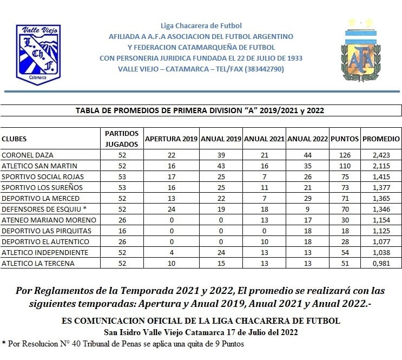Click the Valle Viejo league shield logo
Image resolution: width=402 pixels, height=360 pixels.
click(38, 54)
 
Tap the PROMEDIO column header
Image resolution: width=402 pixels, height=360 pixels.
click(381, 139)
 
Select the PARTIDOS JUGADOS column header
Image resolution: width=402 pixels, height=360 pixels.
click(122, 139)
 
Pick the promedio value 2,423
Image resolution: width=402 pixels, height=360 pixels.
click(381, 155)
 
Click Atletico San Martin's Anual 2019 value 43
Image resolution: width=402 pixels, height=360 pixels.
click(221, 166)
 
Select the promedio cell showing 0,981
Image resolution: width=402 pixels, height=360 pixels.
click(381, 264)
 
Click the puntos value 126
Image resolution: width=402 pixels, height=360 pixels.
click(345, 155)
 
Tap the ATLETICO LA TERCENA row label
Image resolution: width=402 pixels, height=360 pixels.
click(38, 264)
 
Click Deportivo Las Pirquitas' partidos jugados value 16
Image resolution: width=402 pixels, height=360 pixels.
click(122, 231)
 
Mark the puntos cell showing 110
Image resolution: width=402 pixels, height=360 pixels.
click(345, 166)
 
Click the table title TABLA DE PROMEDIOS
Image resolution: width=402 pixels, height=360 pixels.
click(201, 110)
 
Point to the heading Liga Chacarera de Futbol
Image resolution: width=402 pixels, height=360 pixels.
click(201, 25)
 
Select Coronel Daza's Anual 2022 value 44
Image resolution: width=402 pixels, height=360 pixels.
click(307, 155)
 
